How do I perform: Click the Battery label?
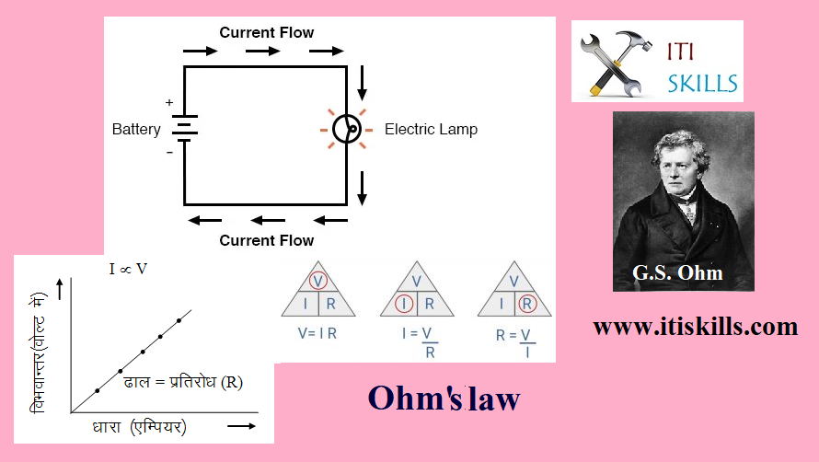pos(136,130)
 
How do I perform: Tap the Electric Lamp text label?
pos(431,130)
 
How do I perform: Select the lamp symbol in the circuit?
pos(345,130)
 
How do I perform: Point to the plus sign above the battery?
pos(169,102)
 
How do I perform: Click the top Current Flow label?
pos(266,33)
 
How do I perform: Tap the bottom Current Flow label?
pos(266,241)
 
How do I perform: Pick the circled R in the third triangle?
pos(526,304)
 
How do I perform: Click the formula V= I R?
pos(317,334)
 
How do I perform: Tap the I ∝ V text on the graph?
pos(128,269)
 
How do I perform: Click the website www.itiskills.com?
pos(695,327)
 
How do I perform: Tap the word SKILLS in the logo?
pos(703,84)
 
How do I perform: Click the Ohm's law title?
pos(444,398)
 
